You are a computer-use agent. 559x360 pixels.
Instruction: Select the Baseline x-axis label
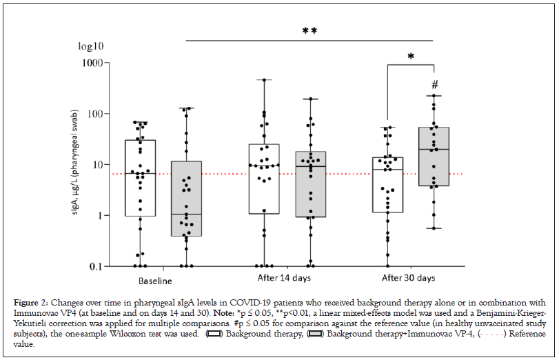pos(155,281)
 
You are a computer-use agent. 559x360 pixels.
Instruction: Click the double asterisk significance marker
pos(309,31)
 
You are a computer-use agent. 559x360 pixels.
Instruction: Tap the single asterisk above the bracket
pos(411,57)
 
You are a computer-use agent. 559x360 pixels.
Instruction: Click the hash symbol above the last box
pos(434,85)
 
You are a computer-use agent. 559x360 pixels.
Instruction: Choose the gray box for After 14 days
pos(310,184)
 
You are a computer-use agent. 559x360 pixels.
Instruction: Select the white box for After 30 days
pos(387,184)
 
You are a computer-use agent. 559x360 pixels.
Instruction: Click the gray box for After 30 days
pos(434,157)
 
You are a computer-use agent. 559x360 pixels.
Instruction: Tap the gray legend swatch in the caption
pos(317,334)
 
